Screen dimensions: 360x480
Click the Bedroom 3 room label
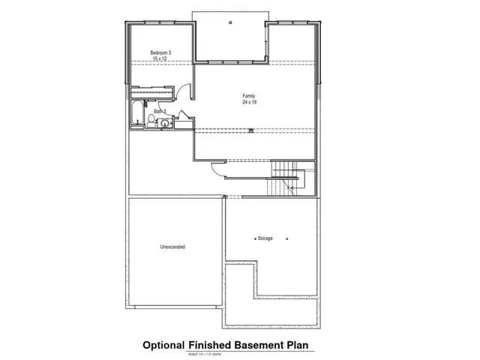[x=161, y=52]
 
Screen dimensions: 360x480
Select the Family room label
[x=248, y=95]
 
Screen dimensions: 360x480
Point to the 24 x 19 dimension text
[x=248, y=102]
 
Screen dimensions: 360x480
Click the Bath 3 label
[x=160, y=112]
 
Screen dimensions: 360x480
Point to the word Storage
[x=265, y=238]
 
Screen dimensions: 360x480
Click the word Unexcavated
[x=172, y=247]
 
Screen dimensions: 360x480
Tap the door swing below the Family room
[x=216, y=169]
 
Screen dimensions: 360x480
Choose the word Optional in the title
[x=163, y=345]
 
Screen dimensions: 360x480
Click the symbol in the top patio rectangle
[x=230, y=22]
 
